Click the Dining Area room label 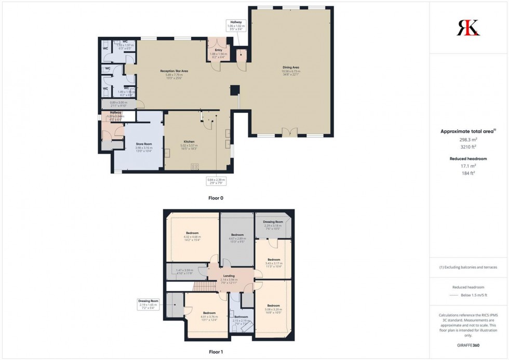click(291, 67)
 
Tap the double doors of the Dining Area click(290, 132)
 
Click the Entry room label click(219, 50)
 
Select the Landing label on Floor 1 click(229, 276)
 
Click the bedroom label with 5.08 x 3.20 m click(274, 305)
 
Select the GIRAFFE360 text click(469, 344)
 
